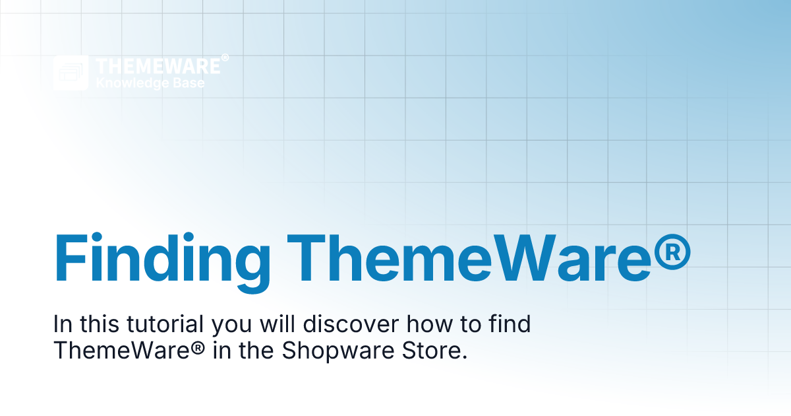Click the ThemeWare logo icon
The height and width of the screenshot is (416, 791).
point(71,73)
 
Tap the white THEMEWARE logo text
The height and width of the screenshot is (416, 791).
point(158,67)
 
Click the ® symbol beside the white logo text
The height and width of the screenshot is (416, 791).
point(225,59)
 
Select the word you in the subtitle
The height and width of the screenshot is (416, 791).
point(229,326)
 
